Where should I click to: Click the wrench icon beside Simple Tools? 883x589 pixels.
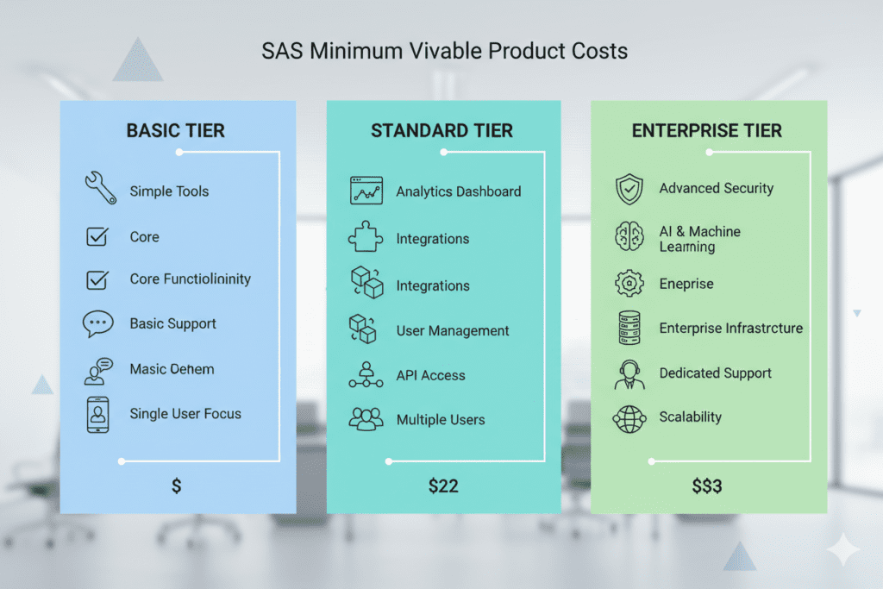[101, 187]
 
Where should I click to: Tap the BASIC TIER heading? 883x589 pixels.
[176, 130]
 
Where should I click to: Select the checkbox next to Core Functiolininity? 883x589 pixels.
[97, 279]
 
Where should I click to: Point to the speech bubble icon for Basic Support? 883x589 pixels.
[98, 323]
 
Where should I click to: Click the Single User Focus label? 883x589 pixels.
[185, 414]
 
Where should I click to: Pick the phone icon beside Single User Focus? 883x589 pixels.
[98, 415]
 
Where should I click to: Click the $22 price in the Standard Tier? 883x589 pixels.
[443, 486]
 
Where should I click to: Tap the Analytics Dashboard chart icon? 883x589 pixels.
[366, 191]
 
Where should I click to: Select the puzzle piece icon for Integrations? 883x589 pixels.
[366, 236]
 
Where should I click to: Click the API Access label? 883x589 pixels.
[431, 376]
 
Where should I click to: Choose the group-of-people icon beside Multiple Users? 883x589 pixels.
[366, 419]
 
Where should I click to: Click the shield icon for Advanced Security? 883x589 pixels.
[629, 189]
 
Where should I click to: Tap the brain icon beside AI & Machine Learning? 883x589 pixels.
[629, 236]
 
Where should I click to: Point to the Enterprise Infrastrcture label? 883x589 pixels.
[731, 329]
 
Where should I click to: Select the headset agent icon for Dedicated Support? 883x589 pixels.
[629, 374]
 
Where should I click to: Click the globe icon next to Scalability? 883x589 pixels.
[629, 419]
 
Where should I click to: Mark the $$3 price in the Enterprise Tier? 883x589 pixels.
[707, 486]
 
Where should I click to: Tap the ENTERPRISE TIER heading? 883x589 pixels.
[707, 130]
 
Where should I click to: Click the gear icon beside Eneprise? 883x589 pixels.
[629, 283]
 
